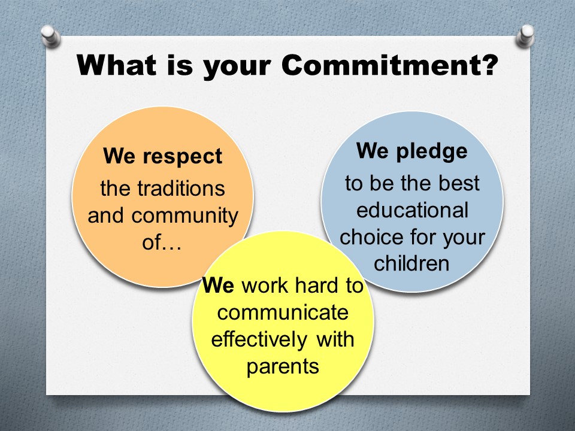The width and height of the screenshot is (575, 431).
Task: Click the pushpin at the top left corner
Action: point(50,36)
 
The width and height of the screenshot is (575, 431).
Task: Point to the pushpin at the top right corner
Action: point(525,35)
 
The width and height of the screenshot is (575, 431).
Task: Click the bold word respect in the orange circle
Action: point(182,157)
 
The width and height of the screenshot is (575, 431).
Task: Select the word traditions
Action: point(181,189)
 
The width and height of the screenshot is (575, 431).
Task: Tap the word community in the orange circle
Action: point(185,216)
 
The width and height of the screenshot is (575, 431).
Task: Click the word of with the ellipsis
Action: point(162,242)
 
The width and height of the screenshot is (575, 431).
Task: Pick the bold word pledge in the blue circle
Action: point(432,151)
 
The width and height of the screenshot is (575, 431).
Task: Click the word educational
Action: point(412,210)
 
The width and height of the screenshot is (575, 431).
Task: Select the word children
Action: point(411,263)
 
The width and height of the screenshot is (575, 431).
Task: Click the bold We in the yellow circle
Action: point(218,285)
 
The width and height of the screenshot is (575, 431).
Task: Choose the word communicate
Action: point(283,312)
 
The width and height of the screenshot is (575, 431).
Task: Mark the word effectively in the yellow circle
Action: point(259,339)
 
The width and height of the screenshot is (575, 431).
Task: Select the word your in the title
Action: point(237,68)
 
